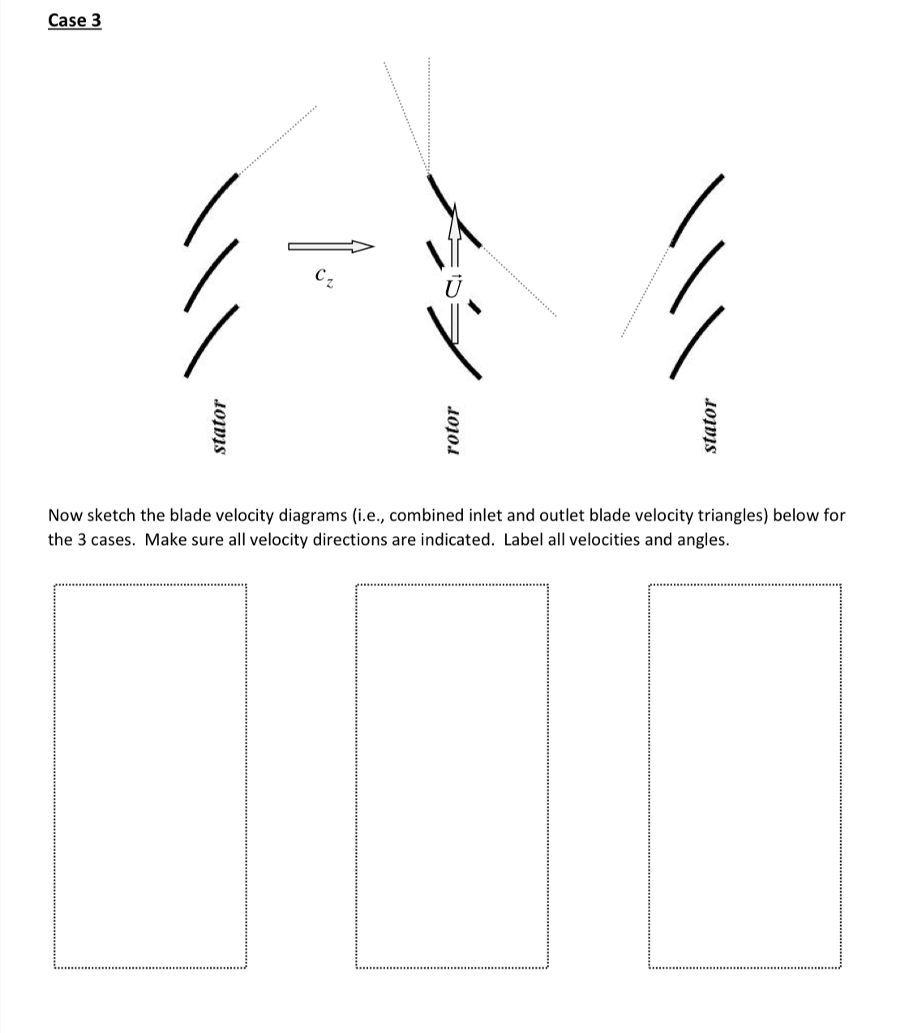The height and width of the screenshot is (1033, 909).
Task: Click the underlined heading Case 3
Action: click(75, 20)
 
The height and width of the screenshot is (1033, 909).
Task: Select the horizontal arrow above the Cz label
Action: click(330, 246)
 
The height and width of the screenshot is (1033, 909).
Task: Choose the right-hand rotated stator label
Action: click(710, 426)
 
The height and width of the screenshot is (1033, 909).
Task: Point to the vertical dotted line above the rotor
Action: click(429, 114)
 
